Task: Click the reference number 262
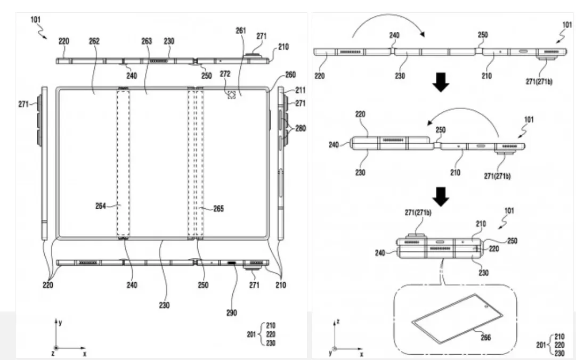(x=94, y=41)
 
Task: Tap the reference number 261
(x=241, y=31)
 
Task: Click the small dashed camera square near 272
(x=232, y=94)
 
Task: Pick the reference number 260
(x=291, y=74)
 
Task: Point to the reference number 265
(x=217, y=209)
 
